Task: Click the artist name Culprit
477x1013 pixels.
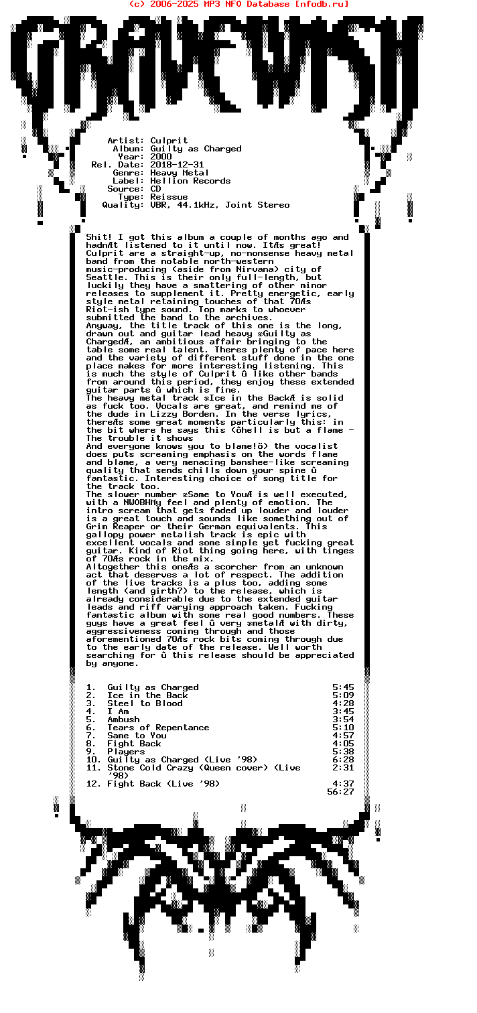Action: (x=169, y=141)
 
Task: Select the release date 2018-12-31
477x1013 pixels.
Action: (x=177, y=165)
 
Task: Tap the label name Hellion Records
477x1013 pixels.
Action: (x=190, y=181)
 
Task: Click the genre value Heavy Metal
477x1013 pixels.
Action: (x=180, y=173)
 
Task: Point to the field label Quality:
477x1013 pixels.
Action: (x=123, y=205)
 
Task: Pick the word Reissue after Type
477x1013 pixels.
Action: (x=169, y=197)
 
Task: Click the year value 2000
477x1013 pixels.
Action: (x=161, y=157)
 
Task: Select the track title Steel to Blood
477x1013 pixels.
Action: (x=145, y=703)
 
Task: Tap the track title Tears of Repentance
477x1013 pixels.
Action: (x=158, y=728)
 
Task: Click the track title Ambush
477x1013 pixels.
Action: (x=123, y=720)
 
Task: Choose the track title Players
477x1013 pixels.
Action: (x=126, y=752)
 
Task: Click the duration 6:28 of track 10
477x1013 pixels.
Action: (x=343, y=760)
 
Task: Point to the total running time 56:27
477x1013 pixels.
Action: (x=340, y=792)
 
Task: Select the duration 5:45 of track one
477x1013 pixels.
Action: (x=343, y=687)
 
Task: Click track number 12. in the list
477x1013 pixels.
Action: (x=94, y=784)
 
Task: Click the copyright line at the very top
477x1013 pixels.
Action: (x=238, y=4)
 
